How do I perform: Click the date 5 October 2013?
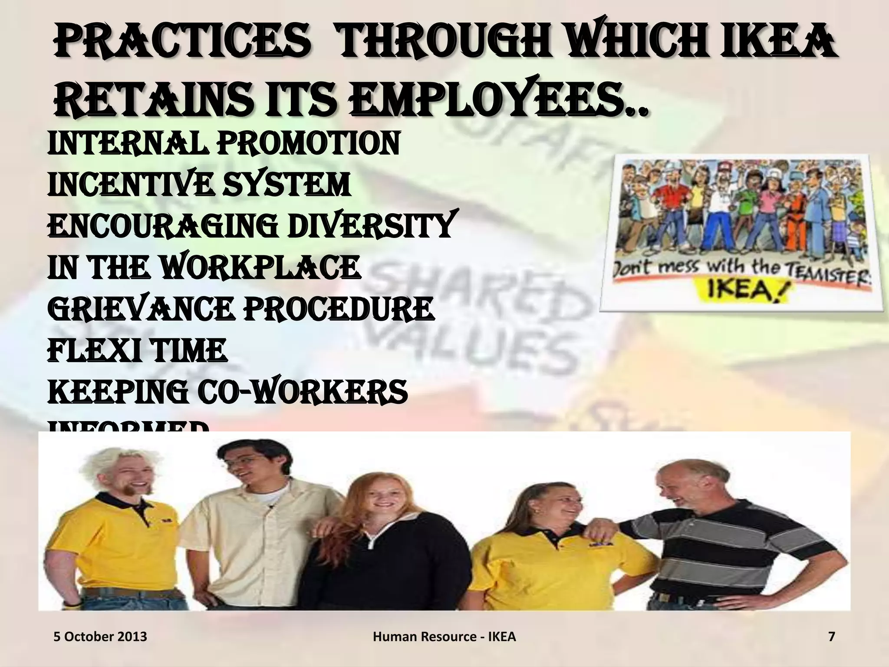[x=100, y=637]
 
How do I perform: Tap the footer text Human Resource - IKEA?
[x=444, y=637]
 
